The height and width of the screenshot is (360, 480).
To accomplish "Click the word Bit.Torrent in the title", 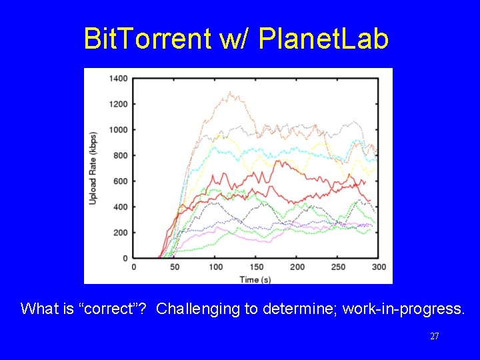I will [x=147, y=39].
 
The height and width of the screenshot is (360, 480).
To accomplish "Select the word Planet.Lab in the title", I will [x=323, y=39].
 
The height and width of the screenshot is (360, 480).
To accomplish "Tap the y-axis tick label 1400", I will [x=118, y=79].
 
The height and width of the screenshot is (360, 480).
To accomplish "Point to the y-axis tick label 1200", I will [x=118, y=104].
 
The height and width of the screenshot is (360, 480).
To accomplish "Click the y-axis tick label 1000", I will [x=118, y=130].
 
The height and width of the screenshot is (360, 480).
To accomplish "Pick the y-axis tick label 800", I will [x=120, y=155].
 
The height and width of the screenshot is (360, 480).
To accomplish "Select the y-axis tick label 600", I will [x=120, y=181].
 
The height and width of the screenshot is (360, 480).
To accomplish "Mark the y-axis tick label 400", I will [x=120, y=207].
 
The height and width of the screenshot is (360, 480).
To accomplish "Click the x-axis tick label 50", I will [x=175, y=267].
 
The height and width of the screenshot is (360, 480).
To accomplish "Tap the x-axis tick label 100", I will [x=215, y=267].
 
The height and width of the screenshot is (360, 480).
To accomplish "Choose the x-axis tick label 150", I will [x=256, y=267].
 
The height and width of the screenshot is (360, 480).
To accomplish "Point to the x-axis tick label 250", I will [x=338, y=267].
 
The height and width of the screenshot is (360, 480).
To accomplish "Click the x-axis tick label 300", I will [x=379, y=267].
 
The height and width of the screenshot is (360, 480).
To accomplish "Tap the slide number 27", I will [x=434, y=337].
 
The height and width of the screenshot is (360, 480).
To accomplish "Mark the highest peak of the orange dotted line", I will [x=231, y=92].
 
